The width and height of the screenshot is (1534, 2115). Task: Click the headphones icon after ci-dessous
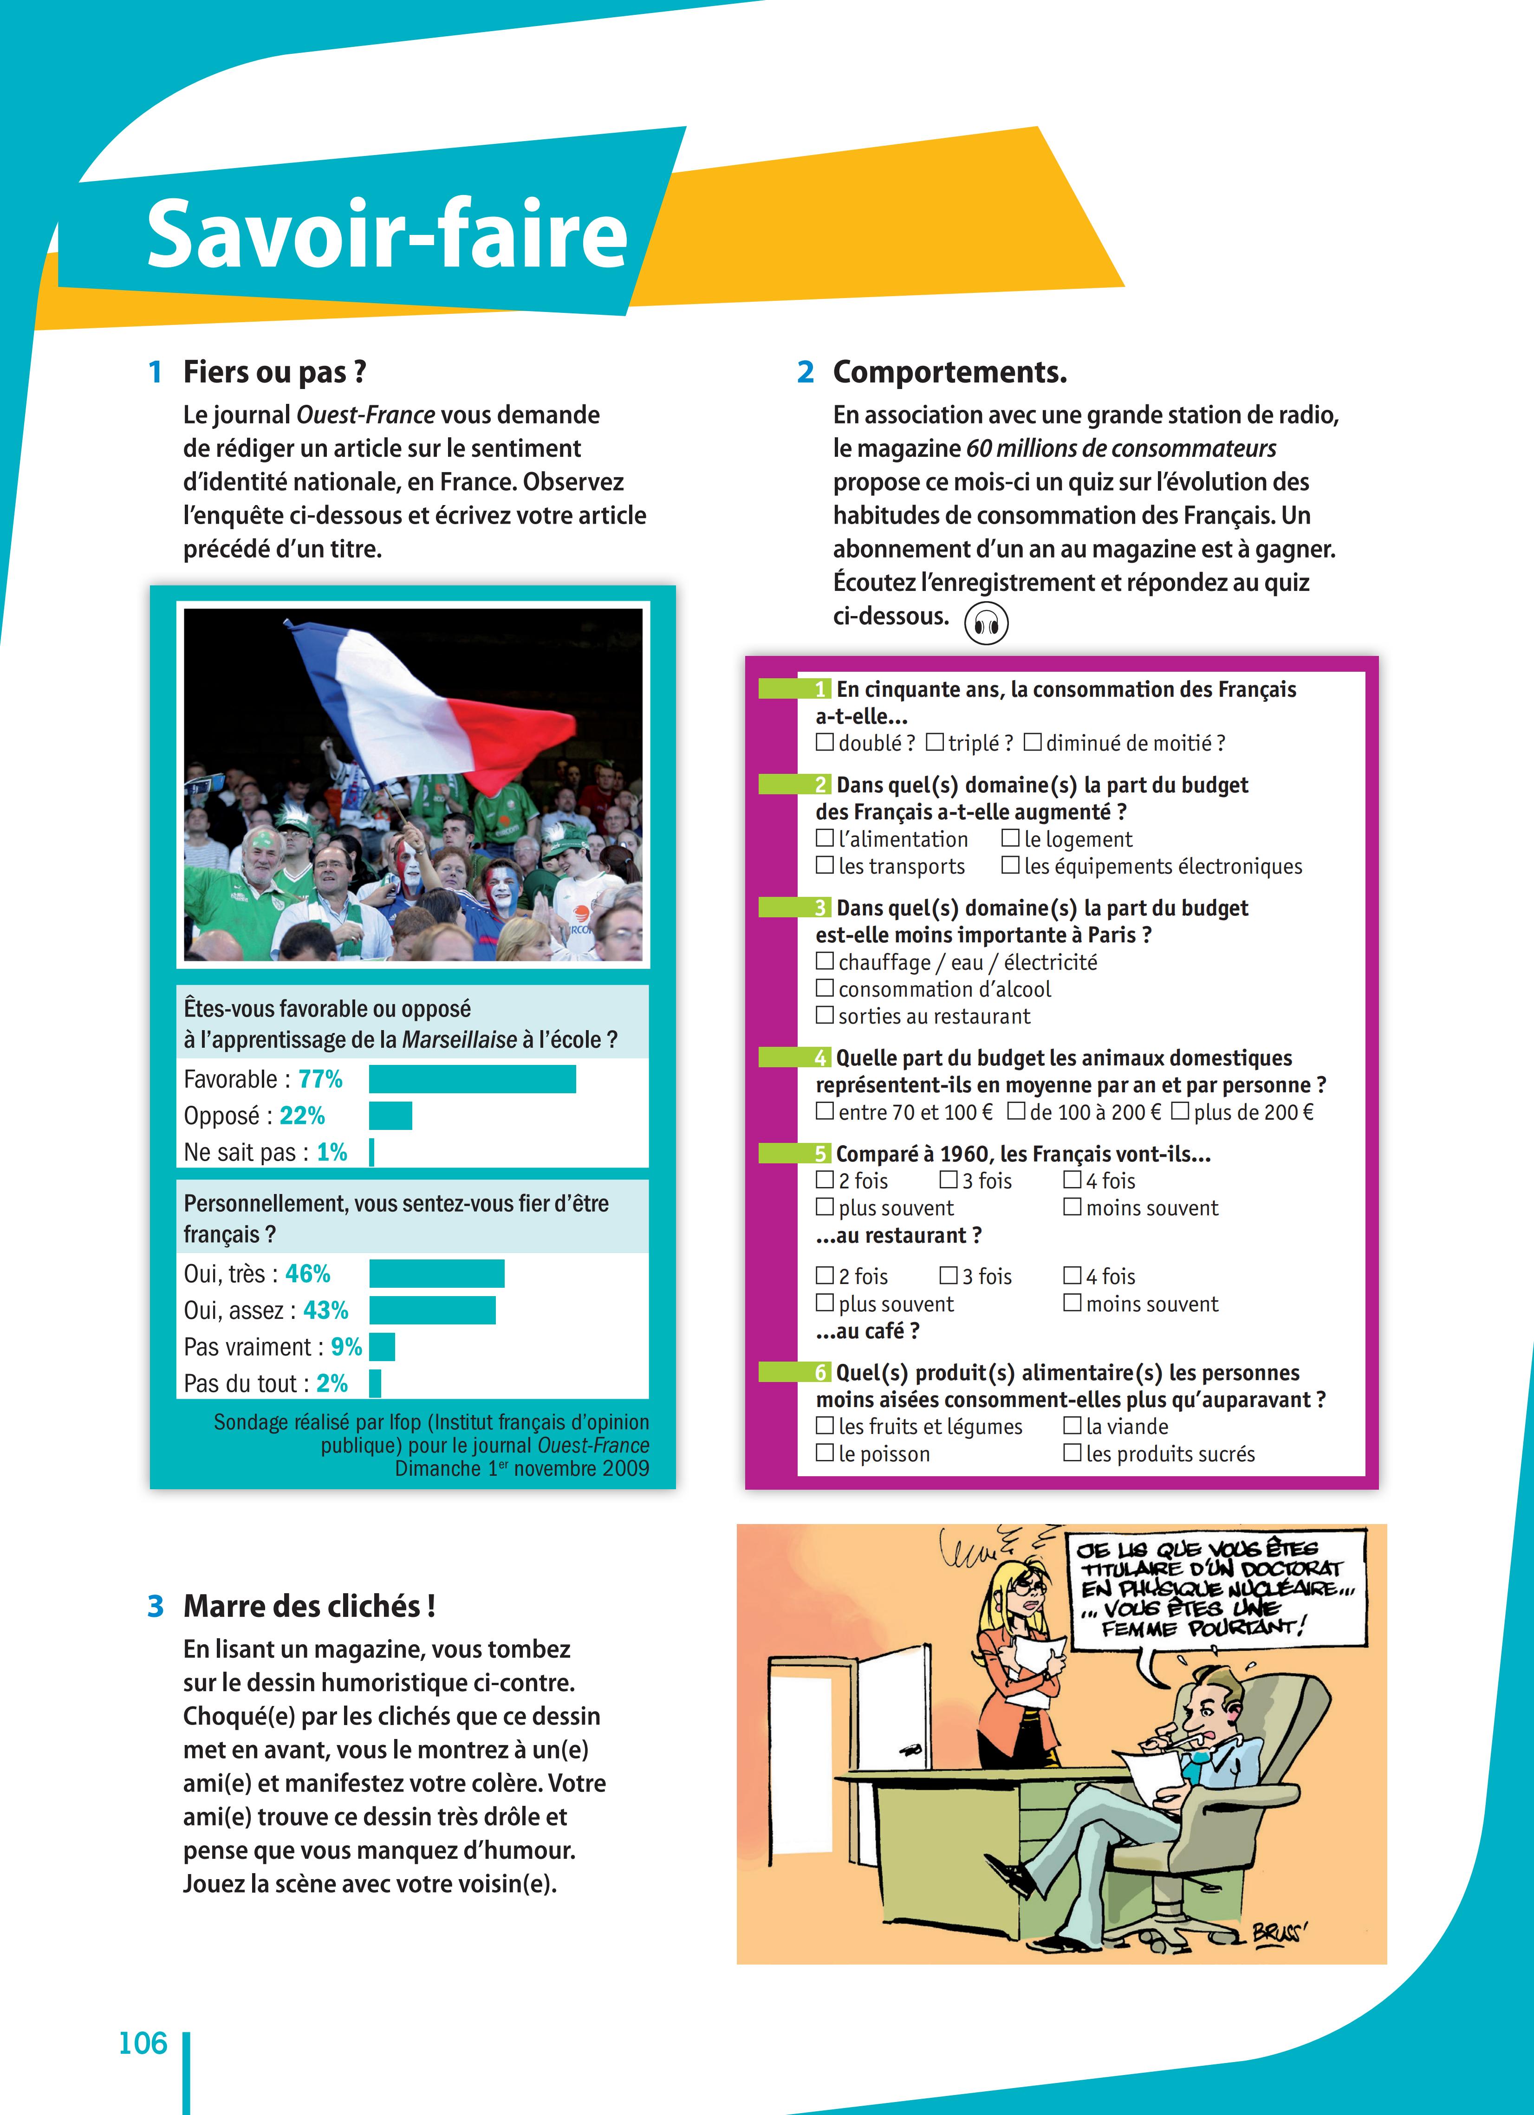[986, 623]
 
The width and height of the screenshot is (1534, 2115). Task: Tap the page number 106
[143, 2043]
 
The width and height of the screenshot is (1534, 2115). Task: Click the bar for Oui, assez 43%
[432, 1310]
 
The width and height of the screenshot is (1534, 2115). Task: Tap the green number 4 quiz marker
[819, 1057]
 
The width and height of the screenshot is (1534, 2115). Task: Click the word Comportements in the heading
[949, 372]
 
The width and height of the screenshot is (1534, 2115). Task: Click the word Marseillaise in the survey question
[459, 1040]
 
